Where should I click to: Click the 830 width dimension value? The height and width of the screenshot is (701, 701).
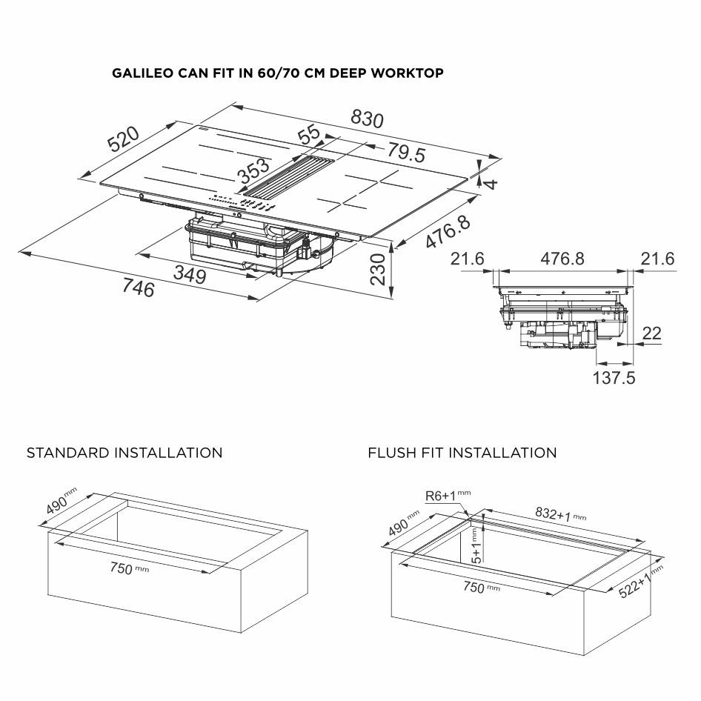[367, 118]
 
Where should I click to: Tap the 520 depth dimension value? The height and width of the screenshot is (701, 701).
[124, 139]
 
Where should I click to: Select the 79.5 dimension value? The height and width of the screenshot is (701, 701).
[406, 153]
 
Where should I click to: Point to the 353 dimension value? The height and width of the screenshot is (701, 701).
[253, 172]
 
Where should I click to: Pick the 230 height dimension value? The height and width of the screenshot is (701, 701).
[378, 270]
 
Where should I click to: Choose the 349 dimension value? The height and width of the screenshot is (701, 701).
[190, 273]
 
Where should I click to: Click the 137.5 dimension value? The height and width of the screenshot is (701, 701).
[614, 378]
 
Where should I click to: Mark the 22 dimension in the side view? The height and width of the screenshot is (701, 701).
[651, 334]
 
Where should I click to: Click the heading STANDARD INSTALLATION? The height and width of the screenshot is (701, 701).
[124, 453]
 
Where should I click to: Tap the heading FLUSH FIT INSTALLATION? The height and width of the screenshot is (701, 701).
[462, 453]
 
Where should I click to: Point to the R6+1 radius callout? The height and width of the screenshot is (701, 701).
[443, 495]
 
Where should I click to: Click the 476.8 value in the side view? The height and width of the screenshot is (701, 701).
[561, 259]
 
